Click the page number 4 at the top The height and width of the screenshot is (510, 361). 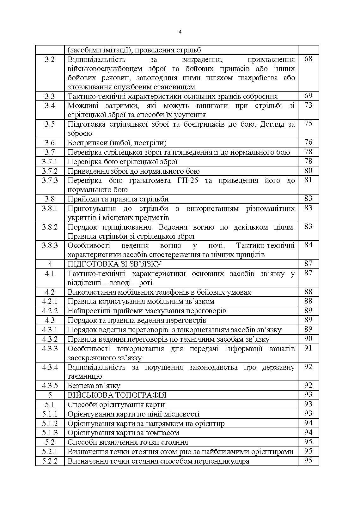pyautogui.click(x=180, y=32)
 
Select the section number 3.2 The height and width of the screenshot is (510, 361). pyautogui.click(x=50, y=59)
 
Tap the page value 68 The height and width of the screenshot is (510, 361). pyautogui.click(x=308, y=59)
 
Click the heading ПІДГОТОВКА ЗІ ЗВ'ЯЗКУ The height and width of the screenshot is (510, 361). pyautogui.click(x=114, y=264)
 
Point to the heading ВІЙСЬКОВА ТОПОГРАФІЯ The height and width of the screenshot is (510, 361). pyautogui.click(x=117, y=395)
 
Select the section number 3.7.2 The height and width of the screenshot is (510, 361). pyautogui.click(x=50, y=171)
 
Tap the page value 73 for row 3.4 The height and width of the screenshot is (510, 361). pyautogui.click(x=308, y=105)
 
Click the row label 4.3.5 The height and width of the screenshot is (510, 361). pyautogui.click(x=50, y=386)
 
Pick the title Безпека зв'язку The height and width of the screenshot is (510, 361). pyautogui.click(x=94, y=386)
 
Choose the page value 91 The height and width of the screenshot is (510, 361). pyautogui.click(x=308, y=348)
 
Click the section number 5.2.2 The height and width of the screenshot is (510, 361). pyautogui.click(x=50, y=461)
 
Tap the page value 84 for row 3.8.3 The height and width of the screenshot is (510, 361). pyautogui.click(x=308, y=245)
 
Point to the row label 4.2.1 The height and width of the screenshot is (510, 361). pyautogui.click(x=50, y=301)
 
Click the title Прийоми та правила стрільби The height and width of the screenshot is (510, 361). pyautogui.click(x=118, y=199)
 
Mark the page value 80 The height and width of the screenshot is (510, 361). pyautogui.click(x=308, y=171)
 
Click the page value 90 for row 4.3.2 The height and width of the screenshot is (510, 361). pyautogui.click(x=308, y=339)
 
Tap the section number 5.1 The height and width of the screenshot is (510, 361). pyautogui.click(x=50, y=405)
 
